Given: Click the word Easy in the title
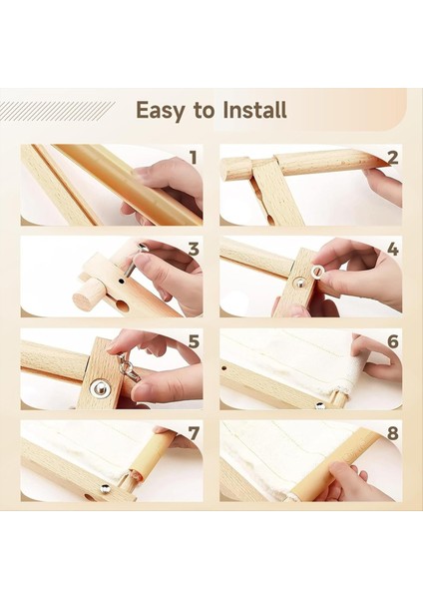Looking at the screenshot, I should [159, 110].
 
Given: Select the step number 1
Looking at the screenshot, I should [193, 157].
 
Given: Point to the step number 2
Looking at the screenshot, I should [392, 157].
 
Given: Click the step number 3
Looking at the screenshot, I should [193, 249].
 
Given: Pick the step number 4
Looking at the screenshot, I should [392, 249].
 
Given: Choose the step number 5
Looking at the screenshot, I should [193, 340].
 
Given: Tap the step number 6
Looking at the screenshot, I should [392, 340].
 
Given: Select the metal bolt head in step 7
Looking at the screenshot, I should [104, 488].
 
